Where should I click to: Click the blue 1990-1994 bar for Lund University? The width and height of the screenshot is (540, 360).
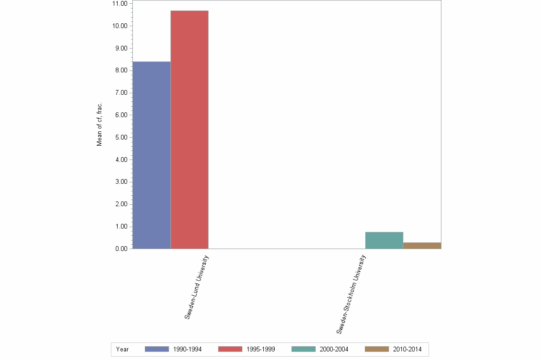coord(151,155)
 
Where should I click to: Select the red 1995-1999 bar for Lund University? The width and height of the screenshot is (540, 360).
coord(190,130)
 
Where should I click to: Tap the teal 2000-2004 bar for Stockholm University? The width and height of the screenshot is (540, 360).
coord(384,240)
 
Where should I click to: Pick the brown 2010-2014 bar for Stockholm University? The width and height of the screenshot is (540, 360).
coord(422,246)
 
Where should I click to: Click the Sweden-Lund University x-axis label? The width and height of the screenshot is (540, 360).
coord(197,287)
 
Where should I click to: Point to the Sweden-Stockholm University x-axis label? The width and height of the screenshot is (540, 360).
coord(351,294)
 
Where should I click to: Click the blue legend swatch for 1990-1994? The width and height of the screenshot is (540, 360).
coord(157,349)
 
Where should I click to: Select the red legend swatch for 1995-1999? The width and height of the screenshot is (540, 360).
coord(230,349)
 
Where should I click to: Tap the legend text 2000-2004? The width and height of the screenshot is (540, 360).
coord(334,349)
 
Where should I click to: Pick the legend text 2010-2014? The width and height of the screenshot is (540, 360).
coord(407,349)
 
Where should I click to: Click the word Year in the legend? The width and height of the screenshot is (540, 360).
coord(122,349)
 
